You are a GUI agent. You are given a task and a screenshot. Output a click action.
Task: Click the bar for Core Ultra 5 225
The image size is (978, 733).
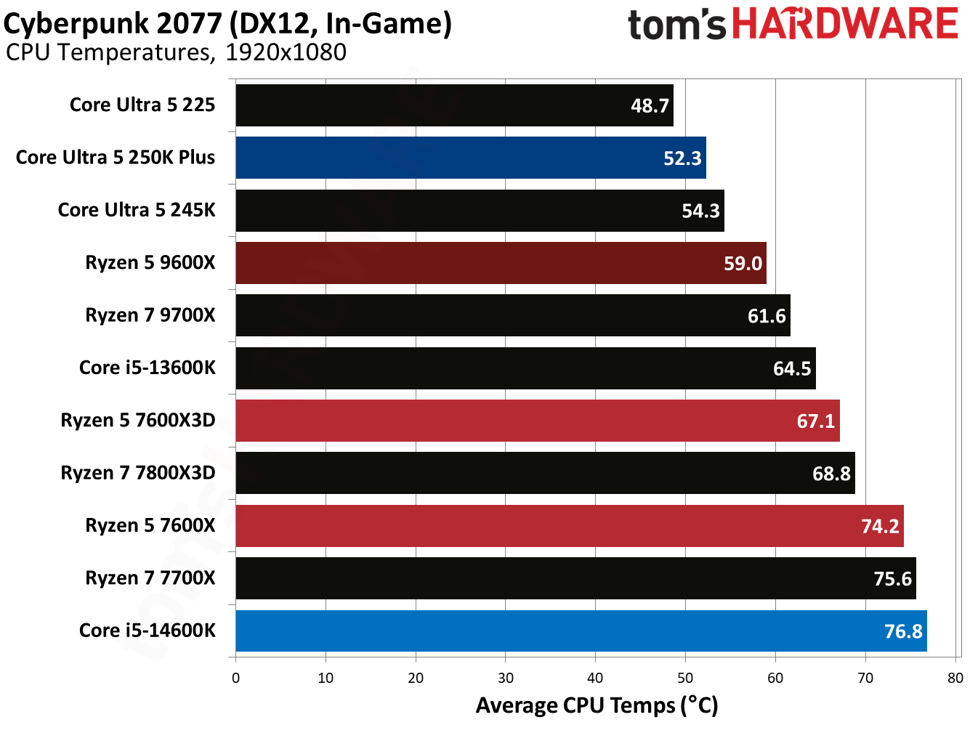[454, 105]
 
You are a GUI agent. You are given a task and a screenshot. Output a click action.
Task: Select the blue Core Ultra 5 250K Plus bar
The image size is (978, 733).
[471, 158]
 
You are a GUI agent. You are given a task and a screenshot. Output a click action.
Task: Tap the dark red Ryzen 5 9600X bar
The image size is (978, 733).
[501, 263]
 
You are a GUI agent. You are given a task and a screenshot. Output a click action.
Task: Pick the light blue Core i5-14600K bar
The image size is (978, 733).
[581, 631]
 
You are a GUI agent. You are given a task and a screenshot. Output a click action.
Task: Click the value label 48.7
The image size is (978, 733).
[650, 106]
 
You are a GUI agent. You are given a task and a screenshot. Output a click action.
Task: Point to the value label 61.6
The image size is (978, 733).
[767, 316]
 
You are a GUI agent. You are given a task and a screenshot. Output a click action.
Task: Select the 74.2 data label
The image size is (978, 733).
[880, 526]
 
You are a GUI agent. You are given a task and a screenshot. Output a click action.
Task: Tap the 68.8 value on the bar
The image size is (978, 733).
[831, 474]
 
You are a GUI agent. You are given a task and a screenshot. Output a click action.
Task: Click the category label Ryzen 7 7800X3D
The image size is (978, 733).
[138, 473]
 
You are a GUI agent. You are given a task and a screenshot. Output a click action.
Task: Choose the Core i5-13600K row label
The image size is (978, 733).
[147, 368]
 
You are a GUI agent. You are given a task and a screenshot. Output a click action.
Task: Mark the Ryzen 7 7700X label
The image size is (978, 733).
[150, 578]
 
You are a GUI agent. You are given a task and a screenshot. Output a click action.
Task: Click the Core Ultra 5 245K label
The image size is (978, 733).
[137, 210]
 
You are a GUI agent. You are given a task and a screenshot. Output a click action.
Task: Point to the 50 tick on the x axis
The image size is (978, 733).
[685, 678]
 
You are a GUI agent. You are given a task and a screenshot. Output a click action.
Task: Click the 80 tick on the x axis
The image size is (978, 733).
[955, 678]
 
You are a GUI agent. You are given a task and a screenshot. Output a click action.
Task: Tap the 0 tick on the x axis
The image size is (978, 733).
[235, 678]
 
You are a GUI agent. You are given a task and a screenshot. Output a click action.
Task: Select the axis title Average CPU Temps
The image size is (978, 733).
[597, 705]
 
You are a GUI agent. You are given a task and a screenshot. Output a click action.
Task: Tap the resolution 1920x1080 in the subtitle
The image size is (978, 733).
[286, 52]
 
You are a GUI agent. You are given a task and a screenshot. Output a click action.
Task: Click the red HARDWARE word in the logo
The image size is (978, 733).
[845, 24]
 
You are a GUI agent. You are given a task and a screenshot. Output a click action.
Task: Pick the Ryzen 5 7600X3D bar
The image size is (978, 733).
[538, 421]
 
